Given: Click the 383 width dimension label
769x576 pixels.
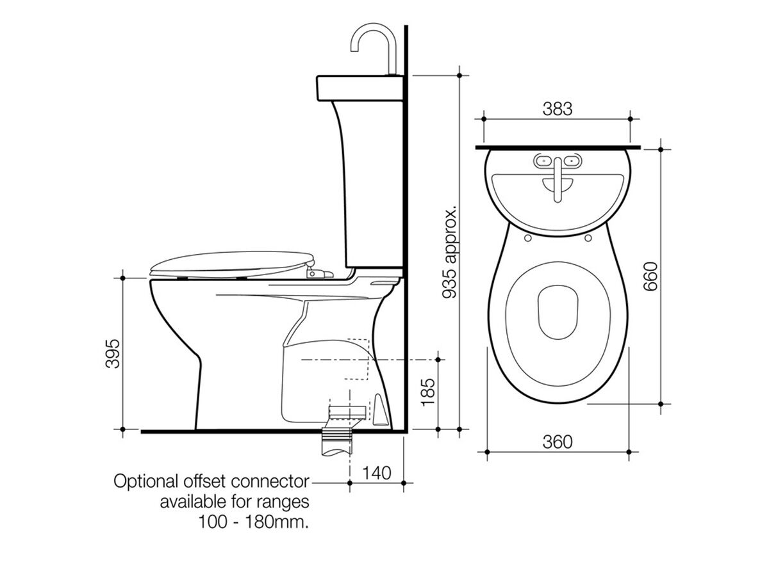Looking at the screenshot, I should [x=557, y=109].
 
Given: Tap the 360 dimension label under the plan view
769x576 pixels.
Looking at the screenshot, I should [x=557, y=442].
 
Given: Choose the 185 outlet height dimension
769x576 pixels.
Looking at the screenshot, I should [x=427, y=391].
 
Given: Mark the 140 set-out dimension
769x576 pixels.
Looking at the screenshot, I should [x=377, y=473].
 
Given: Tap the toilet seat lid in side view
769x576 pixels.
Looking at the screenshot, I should [x=231, y=262].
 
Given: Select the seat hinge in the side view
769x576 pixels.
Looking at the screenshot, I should [x=317, y=273].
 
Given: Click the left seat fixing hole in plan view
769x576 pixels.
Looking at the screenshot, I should [x=527, y=238].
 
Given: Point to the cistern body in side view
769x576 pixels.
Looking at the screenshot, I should [x=372, y=186].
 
